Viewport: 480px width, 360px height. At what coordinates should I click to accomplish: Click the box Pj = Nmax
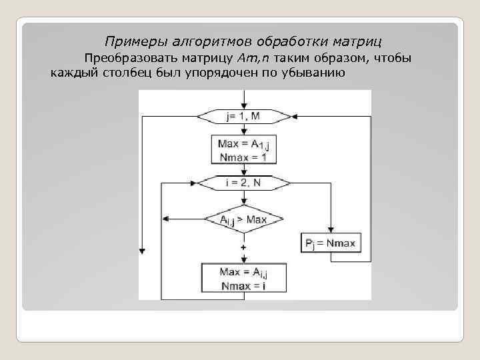331,243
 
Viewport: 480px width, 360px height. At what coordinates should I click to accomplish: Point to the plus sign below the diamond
243,247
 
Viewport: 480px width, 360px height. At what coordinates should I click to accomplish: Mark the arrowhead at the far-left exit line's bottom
142,250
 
